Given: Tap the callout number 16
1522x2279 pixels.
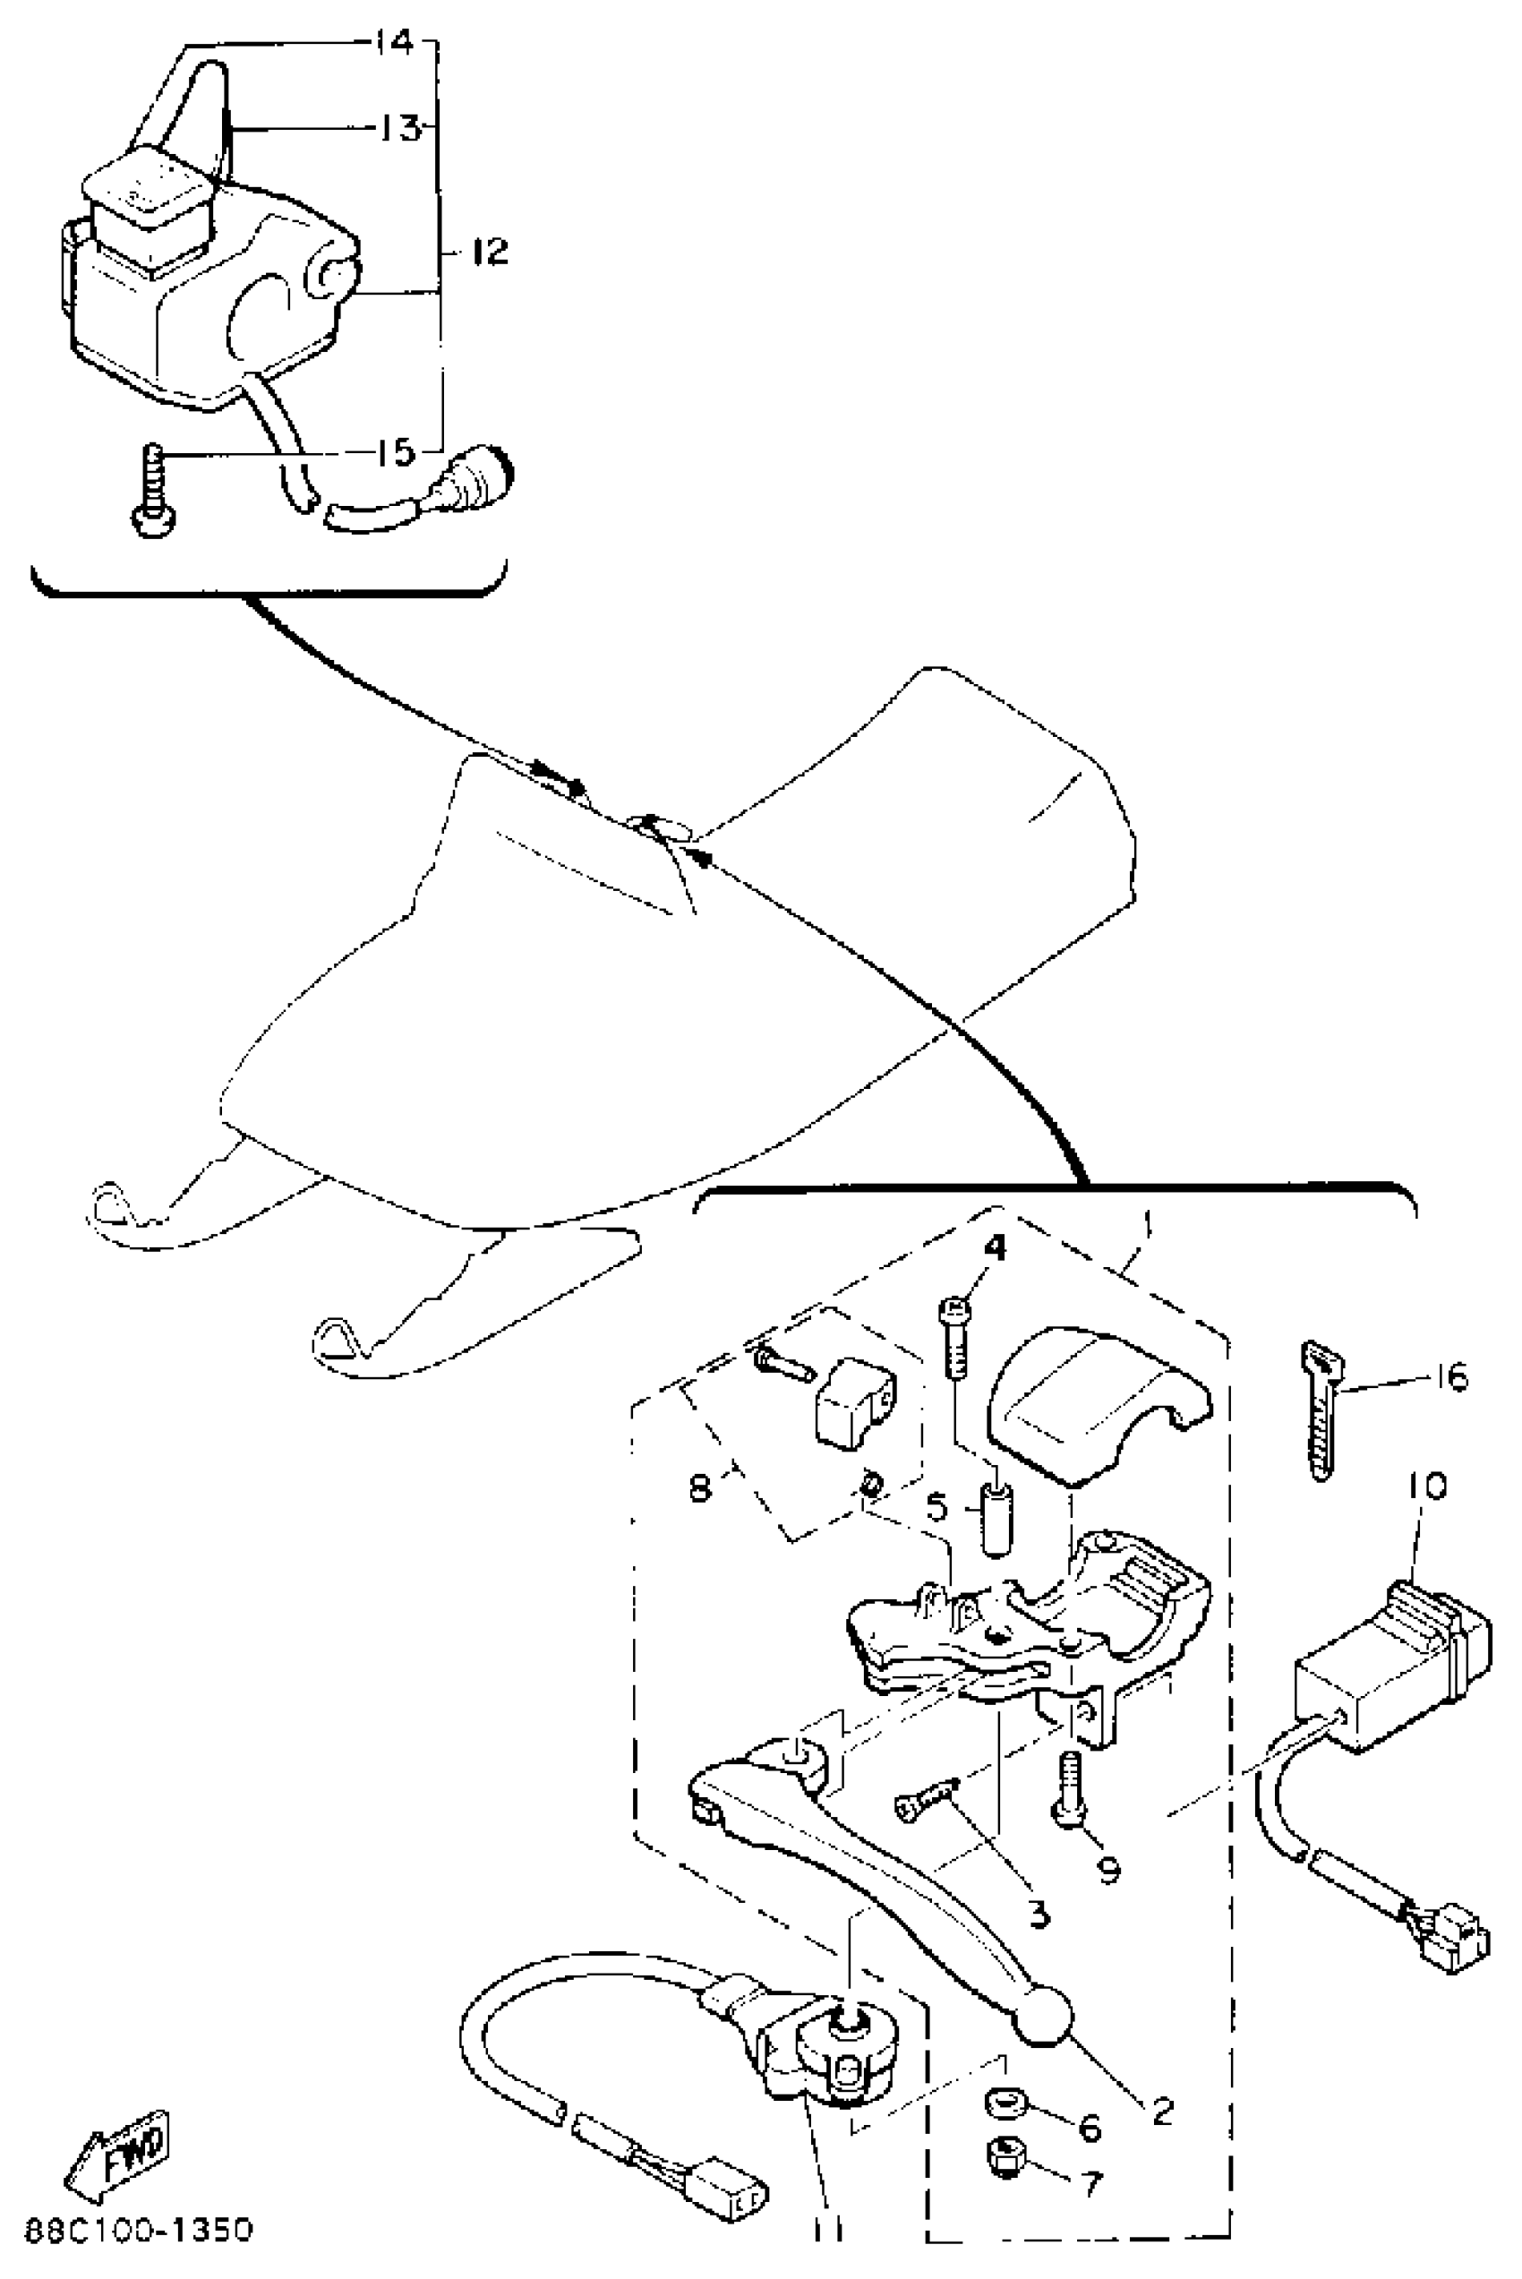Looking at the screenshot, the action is click(1451, 1377).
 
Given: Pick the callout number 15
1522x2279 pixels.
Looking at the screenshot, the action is click(395, 453).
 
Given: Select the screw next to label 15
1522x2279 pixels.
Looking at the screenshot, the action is click(152, 493).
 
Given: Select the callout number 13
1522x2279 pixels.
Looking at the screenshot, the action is click(395, 128).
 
